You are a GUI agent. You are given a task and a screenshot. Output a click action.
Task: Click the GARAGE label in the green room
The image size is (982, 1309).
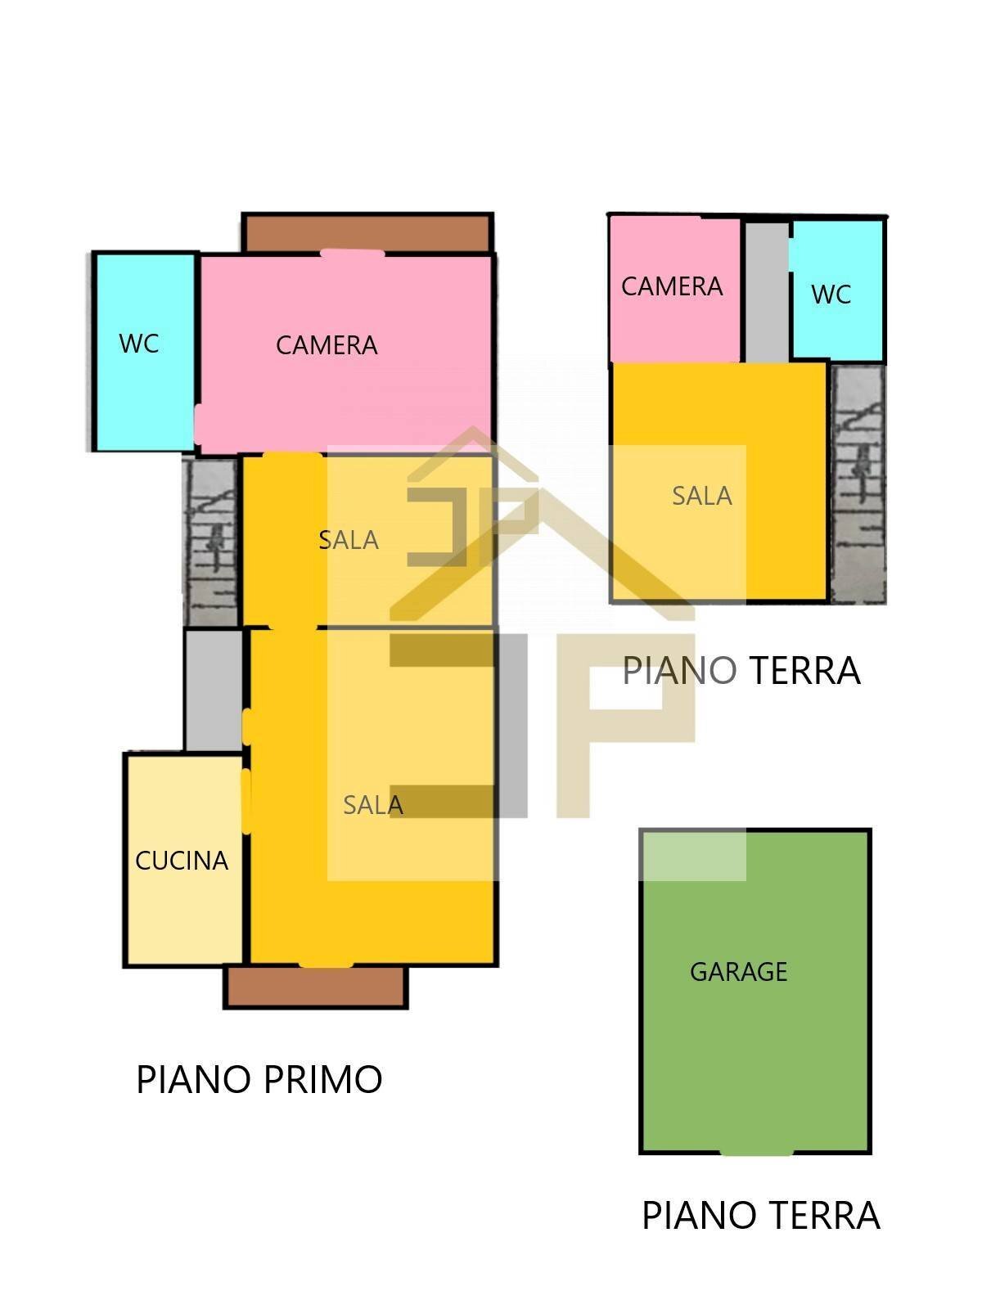tap(738, 972)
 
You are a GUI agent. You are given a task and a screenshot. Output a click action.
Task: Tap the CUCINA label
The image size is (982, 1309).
tap(182, 861)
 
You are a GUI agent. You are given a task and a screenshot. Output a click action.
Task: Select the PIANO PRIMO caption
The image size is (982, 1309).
tap(259, 1079)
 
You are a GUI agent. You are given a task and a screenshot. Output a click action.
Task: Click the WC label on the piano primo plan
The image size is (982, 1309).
tap(139, 344)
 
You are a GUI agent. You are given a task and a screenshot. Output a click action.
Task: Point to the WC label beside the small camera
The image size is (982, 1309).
tap(831, 295)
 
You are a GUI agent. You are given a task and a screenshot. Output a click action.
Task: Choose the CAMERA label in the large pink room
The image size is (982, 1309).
tap(327, 345)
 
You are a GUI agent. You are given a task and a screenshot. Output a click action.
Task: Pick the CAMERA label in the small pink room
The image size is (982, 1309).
tap(672, 287)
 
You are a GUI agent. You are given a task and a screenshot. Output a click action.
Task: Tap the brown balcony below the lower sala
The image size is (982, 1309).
tap(315, 987)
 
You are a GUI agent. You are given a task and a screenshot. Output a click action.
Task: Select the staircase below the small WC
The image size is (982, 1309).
tap(858, 483)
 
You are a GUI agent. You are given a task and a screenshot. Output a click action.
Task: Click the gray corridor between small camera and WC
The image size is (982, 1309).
tap(767, 292)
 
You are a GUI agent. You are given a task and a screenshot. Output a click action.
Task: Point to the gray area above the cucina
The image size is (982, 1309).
tap(214, 690)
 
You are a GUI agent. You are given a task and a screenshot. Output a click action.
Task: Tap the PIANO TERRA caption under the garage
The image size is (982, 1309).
tap(761, 1216)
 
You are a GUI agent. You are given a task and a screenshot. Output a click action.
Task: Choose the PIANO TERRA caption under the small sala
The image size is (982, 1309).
tap(741, 670)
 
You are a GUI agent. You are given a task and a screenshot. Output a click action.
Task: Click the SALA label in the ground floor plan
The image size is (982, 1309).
tap(702, 496)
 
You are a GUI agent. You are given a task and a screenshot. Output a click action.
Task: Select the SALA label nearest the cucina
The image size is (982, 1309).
tap(373, 805)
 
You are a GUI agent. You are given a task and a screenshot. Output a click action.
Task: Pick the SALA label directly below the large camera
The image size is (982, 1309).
tap(349, 540)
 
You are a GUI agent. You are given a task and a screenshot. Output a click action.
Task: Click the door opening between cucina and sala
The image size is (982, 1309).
tap(245, 801)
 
